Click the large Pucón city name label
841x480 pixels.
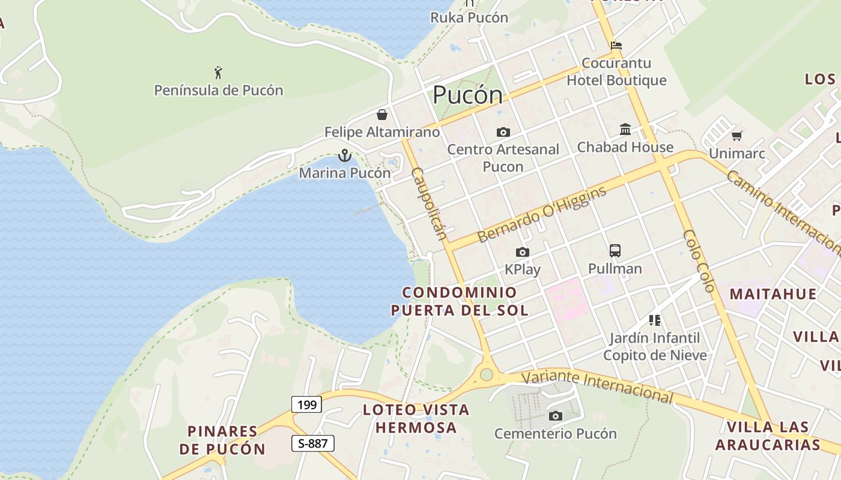[x=467, y=95]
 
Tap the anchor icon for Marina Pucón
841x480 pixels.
[x=345, y=156]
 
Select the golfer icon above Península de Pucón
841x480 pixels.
[x=218, y=73]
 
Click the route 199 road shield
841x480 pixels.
[x=306, y=404]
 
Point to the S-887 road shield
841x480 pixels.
[x=312, y=443]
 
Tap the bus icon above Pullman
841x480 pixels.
[x=615, y=251]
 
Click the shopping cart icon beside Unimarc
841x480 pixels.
[x=736, y=136]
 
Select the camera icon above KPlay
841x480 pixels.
[x=523, y=253]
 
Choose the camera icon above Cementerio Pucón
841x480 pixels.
[x=556, y=416]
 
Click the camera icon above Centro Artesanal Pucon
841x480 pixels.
[x=503, y=132]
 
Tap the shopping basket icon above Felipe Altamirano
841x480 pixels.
[x=382, y=115]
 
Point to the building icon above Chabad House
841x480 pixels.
[x=625, y=129]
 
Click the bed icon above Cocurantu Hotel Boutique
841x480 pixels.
[x=616, y=45]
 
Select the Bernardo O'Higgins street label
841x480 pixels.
[x=542, y=214]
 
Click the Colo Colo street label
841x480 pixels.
[x=699, y=261]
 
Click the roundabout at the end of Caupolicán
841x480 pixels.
[x=487, y=375]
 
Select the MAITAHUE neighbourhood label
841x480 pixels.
[x=773, y=294]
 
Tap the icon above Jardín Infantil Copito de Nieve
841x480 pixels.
[x=655, y=320]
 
